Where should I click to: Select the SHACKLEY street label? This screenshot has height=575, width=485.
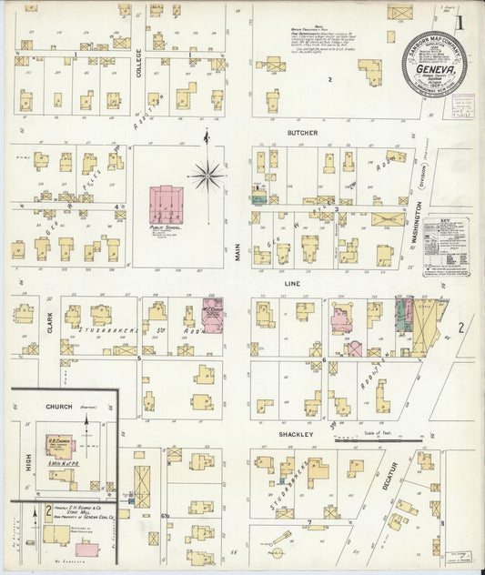[x=295, y=435]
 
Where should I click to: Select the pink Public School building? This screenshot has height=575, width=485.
[x=167, y=201]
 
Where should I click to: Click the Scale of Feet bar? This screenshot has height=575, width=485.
[x=378, y=443]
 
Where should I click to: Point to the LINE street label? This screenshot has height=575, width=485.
[x=294, y=283]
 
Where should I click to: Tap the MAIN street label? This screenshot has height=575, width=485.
[x=239, y=249]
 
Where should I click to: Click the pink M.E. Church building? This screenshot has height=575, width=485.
[x=212, y=315]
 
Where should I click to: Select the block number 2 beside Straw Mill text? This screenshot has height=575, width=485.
[x=48, y=511]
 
